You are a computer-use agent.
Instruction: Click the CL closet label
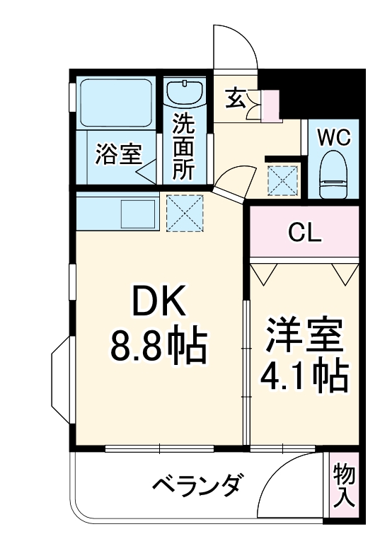click(x=305, y=232)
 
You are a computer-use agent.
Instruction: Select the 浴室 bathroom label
click(x=118, y=153)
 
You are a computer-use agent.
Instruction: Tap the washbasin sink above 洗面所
click(x=185, y=93)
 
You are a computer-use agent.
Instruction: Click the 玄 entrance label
click(x=236, y=98)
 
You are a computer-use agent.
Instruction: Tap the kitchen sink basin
click(x=137, y=213)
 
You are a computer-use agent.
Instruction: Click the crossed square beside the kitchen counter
click(x=185, y=213)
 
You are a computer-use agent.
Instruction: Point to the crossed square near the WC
click(x=284, y=180)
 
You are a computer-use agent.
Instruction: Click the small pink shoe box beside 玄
click(x=271, y=105)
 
